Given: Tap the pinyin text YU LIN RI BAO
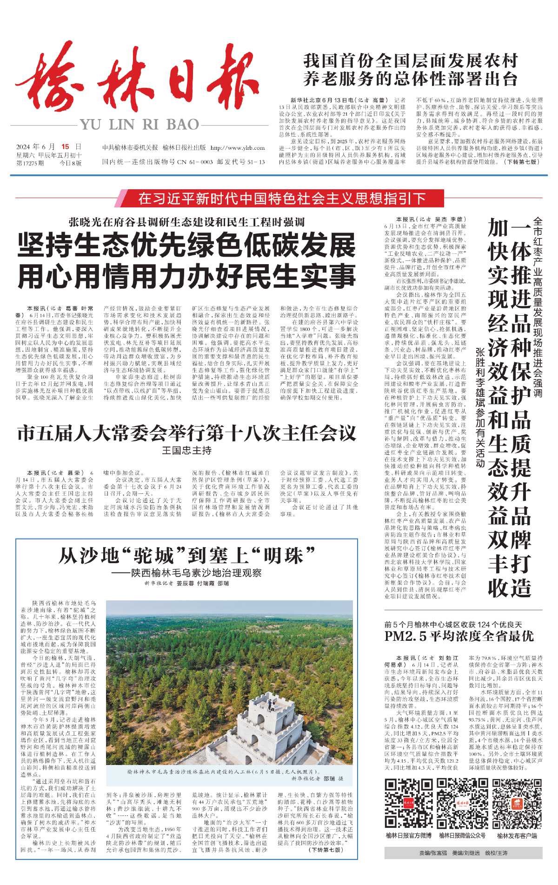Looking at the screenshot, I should pyautogui.click(x=139, y=125).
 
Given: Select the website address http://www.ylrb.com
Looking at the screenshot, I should pyautogui.click(x=238, y=148).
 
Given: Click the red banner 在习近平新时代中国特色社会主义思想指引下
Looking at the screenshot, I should pyautogui.click(x=282, y=199).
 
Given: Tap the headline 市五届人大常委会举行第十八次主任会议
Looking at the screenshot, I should pyautogui.click(x=186, y=434).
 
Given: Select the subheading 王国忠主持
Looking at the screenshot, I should pyautogui.click(x=186, y=450).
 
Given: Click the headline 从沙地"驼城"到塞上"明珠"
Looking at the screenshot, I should pyautogui.click(x=186, y=555).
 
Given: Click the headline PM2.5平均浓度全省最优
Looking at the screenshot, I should pyautogui.click(x=459, y=636).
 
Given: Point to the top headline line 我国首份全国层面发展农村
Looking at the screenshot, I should pyautogui.click(x=411, y=61).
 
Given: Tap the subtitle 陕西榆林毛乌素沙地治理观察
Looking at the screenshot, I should pyautogui.click(x=190, y=572).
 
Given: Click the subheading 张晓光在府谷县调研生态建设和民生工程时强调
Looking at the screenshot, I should pyautogui.click(x=186, y=222).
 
